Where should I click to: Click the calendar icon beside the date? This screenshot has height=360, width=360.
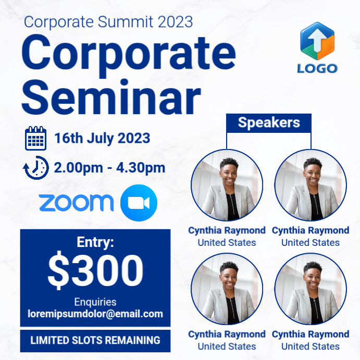[36, 139]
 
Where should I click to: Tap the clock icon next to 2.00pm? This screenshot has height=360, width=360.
[36, 168]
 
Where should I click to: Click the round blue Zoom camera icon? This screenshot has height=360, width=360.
[139, 203]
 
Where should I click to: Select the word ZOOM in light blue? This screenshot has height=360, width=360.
[76, 203]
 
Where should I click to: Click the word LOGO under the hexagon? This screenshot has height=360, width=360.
[317, 68]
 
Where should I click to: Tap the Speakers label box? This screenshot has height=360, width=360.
[269, 123]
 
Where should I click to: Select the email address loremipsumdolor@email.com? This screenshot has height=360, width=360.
[95, 314]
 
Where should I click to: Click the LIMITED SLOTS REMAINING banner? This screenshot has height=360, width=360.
[95, 341]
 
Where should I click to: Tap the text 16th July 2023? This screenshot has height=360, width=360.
[102, 139]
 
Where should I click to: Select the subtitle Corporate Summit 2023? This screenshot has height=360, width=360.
[108, 22]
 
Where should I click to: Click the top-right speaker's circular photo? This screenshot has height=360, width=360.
[311, 185]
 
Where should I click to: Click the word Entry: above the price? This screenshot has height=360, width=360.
[95, 242]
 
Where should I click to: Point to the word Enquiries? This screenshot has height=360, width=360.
[95, 302]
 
